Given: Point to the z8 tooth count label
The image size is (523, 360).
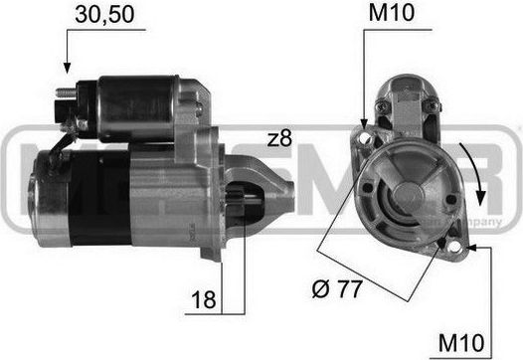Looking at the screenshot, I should click(x=281, y=138).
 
